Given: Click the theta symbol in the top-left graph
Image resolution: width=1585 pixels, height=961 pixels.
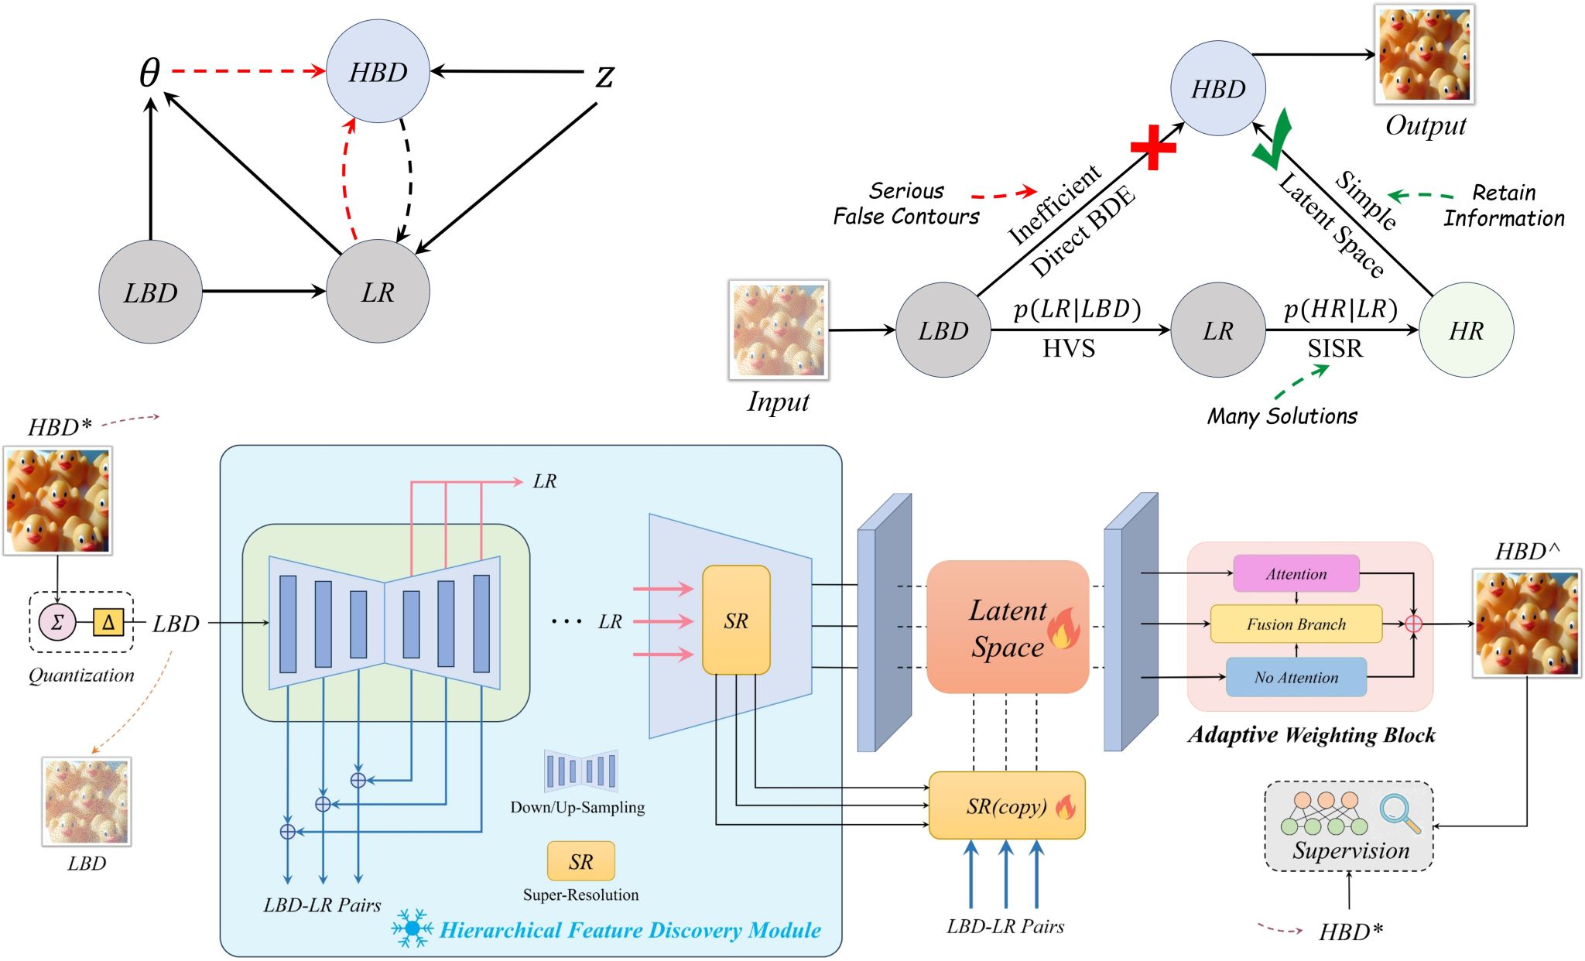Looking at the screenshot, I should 149,73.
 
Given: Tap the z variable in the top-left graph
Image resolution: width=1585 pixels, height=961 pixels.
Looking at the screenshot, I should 604,76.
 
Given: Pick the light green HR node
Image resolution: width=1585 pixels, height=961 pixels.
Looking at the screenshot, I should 1466,330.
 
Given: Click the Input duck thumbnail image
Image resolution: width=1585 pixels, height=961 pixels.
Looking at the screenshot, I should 779,330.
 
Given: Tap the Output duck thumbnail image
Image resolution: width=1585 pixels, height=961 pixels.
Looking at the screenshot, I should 1424,54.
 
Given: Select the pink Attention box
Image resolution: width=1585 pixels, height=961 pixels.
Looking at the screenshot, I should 1296,573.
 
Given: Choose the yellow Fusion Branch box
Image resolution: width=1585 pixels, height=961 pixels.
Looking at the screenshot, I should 1296,624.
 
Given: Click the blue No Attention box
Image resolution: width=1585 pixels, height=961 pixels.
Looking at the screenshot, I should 1296,677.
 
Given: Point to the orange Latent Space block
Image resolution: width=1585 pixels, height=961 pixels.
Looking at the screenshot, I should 1008,627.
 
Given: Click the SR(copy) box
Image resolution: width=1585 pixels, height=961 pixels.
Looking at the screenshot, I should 1007,805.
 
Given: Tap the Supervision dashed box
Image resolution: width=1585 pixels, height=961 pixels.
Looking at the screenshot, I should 1349,826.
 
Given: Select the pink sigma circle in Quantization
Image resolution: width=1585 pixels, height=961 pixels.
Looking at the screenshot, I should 57,622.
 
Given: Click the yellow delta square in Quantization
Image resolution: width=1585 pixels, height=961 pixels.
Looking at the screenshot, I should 108,622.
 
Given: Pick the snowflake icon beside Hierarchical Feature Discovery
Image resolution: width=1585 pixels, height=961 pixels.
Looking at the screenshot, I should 412,928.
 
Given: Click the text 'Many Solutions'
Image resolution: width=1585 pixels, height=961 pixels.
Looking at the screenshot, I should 1282,416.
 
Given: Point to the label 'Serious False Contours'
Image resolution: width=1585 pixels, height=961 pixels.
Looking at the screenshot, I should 905,203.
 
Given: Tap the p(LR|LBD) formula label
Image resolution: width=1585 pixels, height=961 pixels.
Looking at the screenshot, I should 1077,309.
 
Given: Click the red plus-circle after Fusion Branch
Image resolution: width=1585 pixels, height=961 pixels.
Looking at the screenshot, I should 1413,624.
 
